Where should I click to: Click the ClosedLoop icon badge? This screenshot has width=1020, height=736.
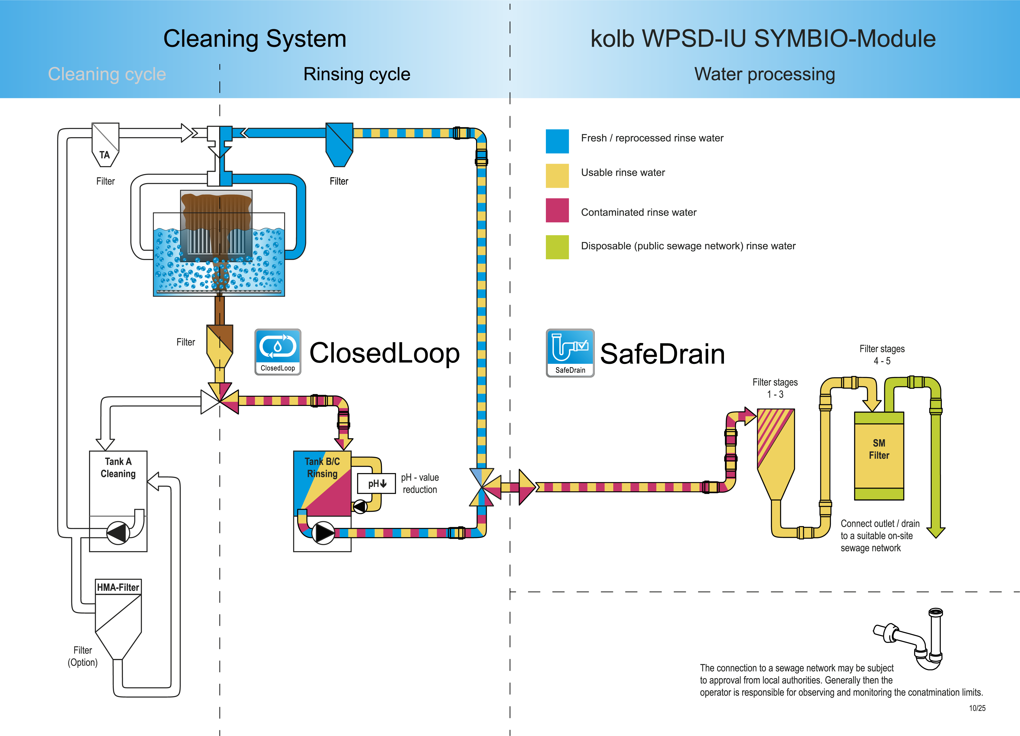click(x=278, y=352)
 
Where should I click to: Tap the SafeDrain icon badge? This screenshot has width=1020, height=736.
click(x=570, y=353)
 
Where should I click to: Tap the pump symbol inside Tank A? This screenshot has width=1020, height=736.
click(x=118, y=533)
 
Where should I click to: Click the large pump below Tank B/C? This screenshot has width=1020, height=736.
click(x=323, y=533)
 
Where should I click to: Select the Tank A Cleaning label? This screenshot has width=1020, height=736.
click(x=118, y=467)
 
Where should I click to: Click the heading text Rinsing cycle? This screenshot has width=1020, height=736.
click(x=357, y=74)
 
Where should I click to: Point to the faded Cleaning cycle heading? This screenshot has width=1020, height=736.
click(x=107, y=74)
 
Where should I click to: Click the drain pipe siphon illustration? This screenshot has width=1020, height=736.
click(x=913, y=638)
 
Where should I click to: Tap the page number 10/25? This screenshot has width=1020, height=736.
click(x=977, y=708)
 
